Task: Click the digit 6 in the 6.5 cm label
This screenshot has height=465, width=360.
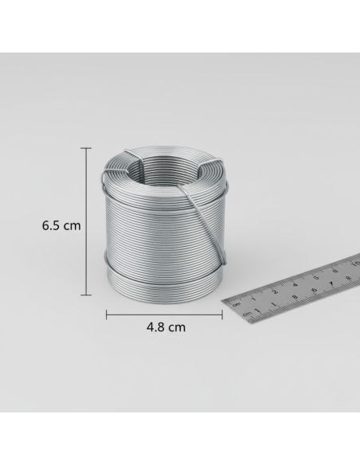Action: [45, 225]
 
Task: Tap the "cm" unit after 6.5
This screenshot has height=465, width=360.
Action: [71, 225]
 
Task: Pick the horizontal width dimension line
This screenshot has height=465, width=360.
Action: [163, 314]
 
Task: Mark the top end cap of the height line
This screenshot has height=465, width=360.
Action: [87, 147]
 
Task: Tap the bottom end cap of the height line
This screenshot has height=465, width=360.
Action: [87, 295]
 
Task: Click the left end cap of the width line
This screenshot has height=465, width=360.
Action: [107, 314]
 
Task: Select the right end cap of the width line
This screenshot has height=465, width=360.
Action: [221, 314]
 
